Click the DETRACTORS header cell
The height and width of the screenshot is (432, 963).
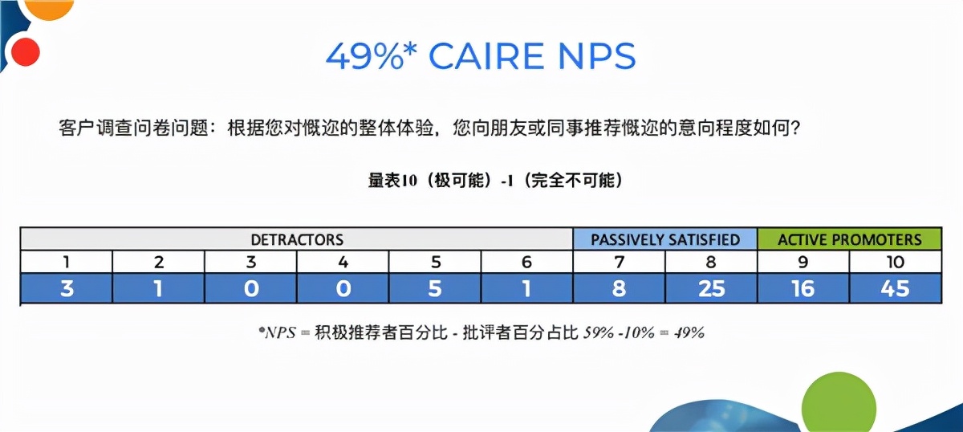pos(297,239)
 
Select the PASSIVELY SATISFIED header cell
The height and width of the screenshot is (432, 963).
pos(664,239)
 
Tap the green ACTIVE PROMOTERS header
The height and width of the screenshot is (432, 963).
pos(850,239)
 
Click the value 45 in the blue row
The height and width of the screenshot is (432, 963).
pos(895,288)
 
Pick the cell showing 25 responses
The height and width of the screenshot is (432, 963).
pos(711,288)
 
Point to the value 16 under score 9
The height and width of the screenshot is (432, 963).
pos(803,288)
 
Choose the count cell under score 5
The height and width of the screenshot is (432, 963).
pos(435,288)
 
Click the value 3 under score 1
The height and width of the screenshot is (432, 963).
pos(67,288)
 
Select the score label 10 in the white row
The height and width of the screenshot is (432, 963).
pos(895,262)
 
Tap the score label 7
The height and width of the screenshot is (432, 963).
pos(619,262)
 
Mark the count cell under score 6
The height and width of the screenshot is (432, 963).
pos(526,288)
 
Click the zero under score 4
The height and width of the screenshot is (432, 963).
pos(343,288)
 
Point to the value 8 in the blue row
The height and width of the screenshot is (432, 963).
pos(619,288)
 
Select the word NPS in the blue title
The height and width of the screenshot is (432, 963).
pos(595,55)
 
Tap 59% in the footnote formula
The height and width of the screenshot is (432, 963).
pos(599,332)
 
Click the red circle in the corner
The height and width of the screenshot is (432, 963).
pos(26,51)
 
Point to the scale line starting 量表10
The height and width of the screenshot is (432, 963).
pos(495,180)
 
